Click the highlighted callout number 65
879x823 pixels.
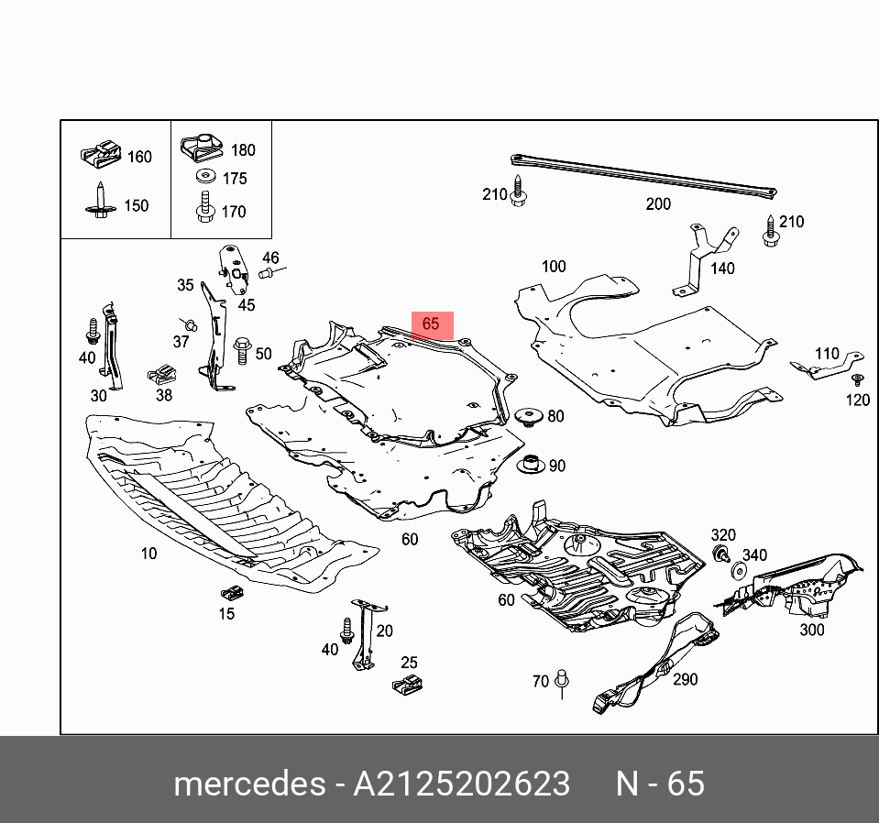pos(431,324)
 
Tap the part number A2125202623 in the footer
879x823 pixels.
pos(462,785)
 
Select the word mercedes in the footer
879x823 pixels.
pos(248,785)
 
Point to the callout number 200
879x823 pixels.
pos(658,204)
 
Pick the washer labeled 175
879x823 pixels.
pos(203,178)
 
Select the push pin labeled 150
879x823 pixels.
pos(100,203)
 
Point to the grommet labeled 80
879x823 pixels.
pos(527,418)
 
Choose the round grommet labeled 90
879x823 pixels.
pos(529,465)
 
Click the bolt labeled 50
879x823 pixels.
pos(243,351)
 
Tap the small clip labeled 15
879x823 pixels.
pos(228,591)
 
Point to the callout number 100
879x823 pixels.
pos(554,267)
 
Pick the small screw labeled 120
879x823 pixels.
pos(857,380)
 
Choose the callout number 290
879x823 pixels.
pos(685,679)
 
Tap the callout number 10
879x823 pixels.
pos(148,553)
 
